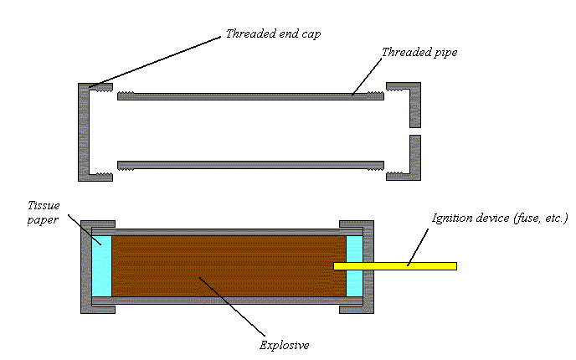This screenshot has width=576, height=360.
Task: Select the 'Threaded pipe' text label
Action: pyautogui.click(x=419, y=52)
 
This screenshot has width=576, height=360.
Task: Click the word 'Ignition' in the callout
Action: pyautogui.click(x=451, y=219)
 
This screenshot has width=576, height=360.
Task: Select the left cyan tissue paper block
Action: pyautogui.click(x=101, y=265)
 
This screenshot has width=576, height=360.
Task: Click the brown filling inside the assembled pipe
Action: pyautogui.click(x=226, y=265)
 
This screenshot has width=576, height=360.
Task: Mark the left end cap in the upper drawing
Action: pyautogui.click(x=84, y=131)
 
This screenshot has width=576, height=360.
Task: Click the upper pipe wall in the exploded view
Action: pyautogui.click(x=251, y=96)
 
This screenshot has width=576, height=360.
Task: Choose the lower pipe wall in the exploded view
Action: pyautogui.click(x=251, y=164)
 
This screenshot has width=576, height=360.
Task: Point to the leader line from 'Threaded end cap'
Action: pyautogui.click(x=156, y=60)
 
